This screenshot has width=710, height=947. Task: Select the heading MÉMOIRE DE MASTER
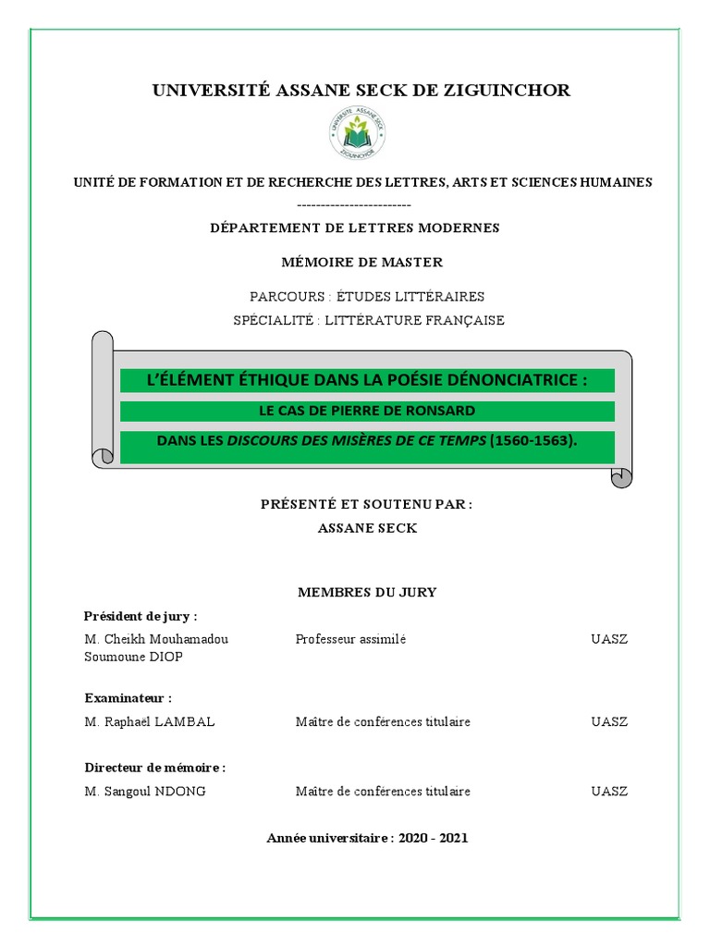(362, 262)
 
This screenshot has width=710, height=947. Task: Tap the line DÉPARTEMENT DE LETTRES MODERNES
(354, 228)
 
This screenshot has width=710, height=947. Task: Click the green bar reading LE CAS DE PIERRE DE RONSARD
(366, 411)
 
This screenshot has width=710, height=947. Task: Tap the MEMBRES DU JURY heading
(367, 592)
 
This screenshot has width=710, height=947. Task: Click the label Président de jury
(141, 616)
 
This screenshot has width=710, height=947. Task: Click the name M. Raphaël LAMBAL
(149, 721)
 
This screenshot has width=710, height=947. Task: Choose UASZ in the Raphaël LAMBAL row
(609, 721)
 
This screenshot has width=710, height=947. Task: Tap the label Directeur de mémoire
(154, 768)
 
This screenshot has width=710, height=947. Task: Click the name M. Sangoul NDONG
(146, 791)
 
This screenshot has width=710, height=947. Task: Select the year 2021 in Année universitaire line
(453, 838)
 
